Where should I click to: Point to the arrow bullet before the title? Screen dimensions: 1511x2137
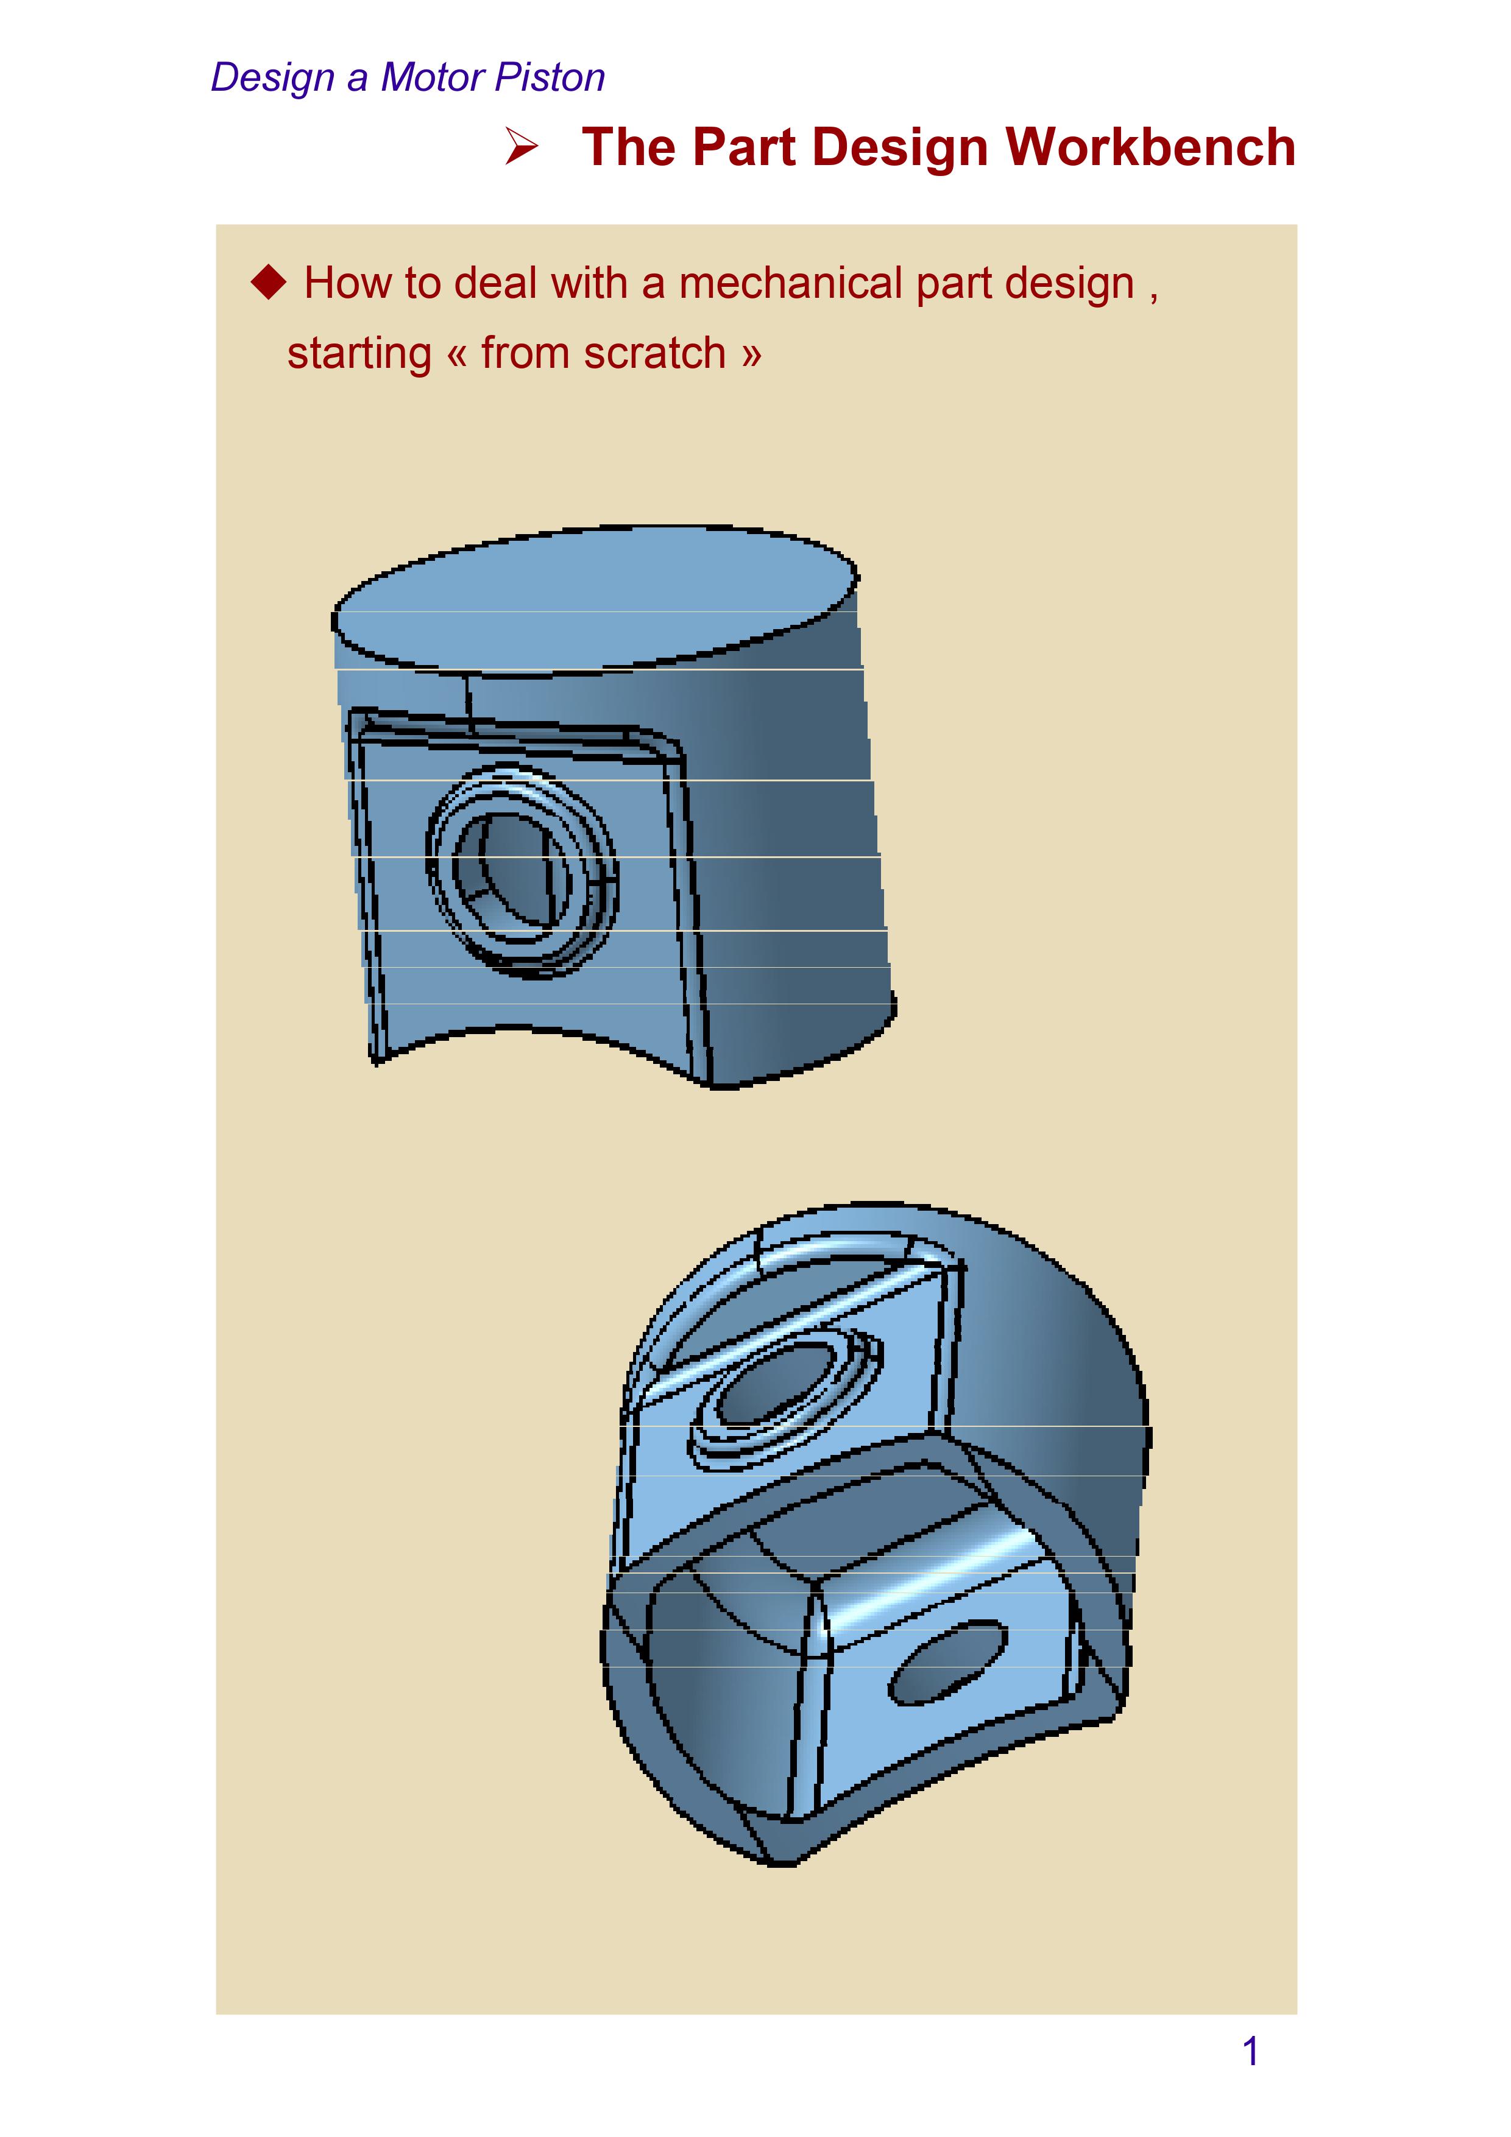point(522,147)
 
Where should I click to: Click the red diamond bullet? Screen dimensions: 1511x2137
point(269,281)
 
